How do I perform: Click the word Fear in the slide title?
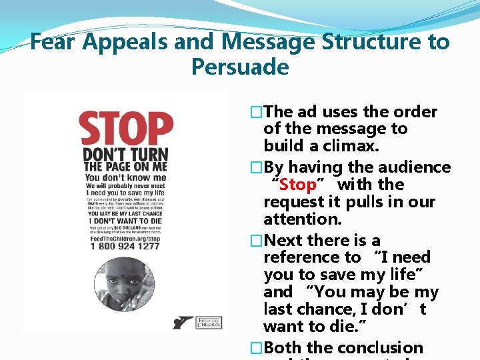pyautogui.click(x=55, y=42)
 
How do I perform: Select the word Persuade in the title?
pyautogui.click(x=239, y=67)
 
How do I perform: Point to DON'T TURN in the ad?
pyautogui.click(x=125, y=155)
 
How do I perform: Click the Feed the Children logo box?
pyautogui.click(x=208, y=323)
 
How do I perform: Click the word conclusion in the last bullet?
pyautogui.click(x=381, y=347)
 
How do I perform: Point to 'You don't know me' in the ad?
pyautogui.click(x=125, y=177)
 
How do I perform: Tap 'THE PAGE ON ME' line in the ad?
pyautogui.click(x=125, y=167)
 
